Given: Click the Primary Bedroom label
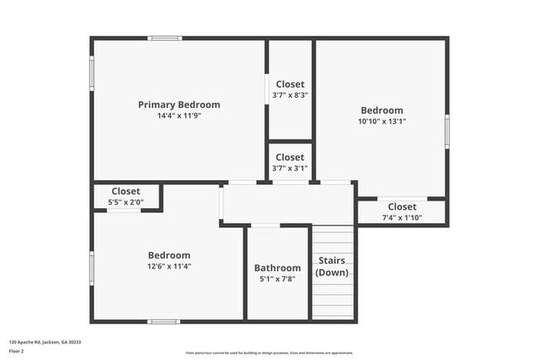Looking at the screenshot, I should [x=179, y=105].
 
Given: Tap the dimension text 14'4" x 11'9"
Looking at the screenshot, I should [x=179, y=116].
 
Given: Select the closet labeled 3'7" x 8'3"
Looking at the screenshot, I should [x=290, y=90].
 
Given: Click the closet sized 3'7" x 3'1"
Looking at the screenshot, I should [x=290, y=163].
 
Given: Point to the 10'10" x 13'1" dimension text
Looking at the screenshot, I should [x=381, y=121].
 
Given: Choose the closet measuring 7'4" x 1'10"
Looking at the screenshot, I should [x=402, y=212].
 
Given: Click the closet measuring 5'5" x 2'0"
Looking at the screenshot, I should [x=126, y=196].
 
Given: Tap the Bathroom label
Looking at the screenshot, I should [x=278, y=268].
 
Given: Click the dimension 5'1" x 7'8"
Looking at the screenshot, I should [x=278, y=279].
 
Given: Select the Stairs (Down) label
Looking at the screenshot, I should [x=333, y=266].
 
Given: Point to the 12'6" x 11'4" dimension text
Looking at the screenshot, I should [x=169, y=266].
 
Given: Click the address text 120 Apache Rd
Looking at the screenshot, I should [x=45, y=342].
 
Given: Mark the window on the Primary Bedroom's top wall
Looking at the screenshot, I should [x=165, y=37].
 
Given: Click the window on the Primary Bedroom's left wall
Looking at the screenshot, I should [x=91, y=70].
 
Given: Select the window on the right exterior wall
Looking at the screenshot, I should [x=447, y=132].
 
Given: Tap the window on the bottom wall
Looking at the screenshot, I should [x=163, y=321].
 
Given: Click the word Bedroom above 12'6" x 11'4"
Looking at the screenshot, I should [x=169, y=255].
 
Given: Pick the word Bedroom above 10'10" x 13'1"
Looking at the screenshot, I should [x=381, y=110].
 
